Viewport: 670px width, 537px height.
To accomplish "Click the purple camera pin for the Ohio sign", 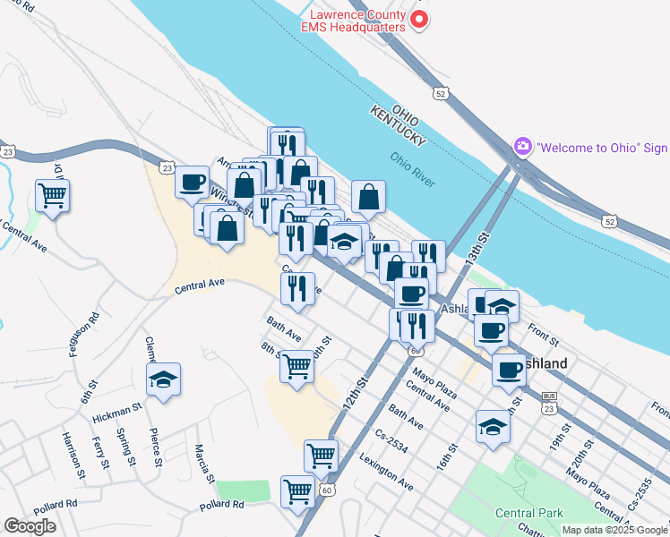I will pyautogui.click(x=522, y=146).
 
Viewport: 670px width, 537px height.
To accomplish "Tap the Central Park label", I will pyautogui.click(x=529, y=513).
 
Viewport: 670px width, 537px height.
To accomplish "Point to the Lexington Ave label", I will pyautogui.click(x=386, y=473).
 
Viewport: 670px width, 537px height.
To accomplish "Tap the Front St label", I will pyautogui.click(x=543, y=342).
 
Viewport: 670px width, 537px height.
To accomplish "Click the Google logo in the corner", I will pyautogui.click(x=30, y=526).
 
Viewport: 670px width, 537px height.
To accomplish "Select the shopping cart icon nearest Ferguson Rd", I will pyautogui.click(x=52, y=193).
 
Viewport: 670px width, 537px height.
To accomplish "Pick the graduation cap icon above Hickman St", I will pyautogui.click(x=163, y=379).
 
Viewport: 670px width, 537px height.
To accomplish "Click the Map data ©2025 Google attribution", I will pyautogui.click(x=614, y=530).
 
